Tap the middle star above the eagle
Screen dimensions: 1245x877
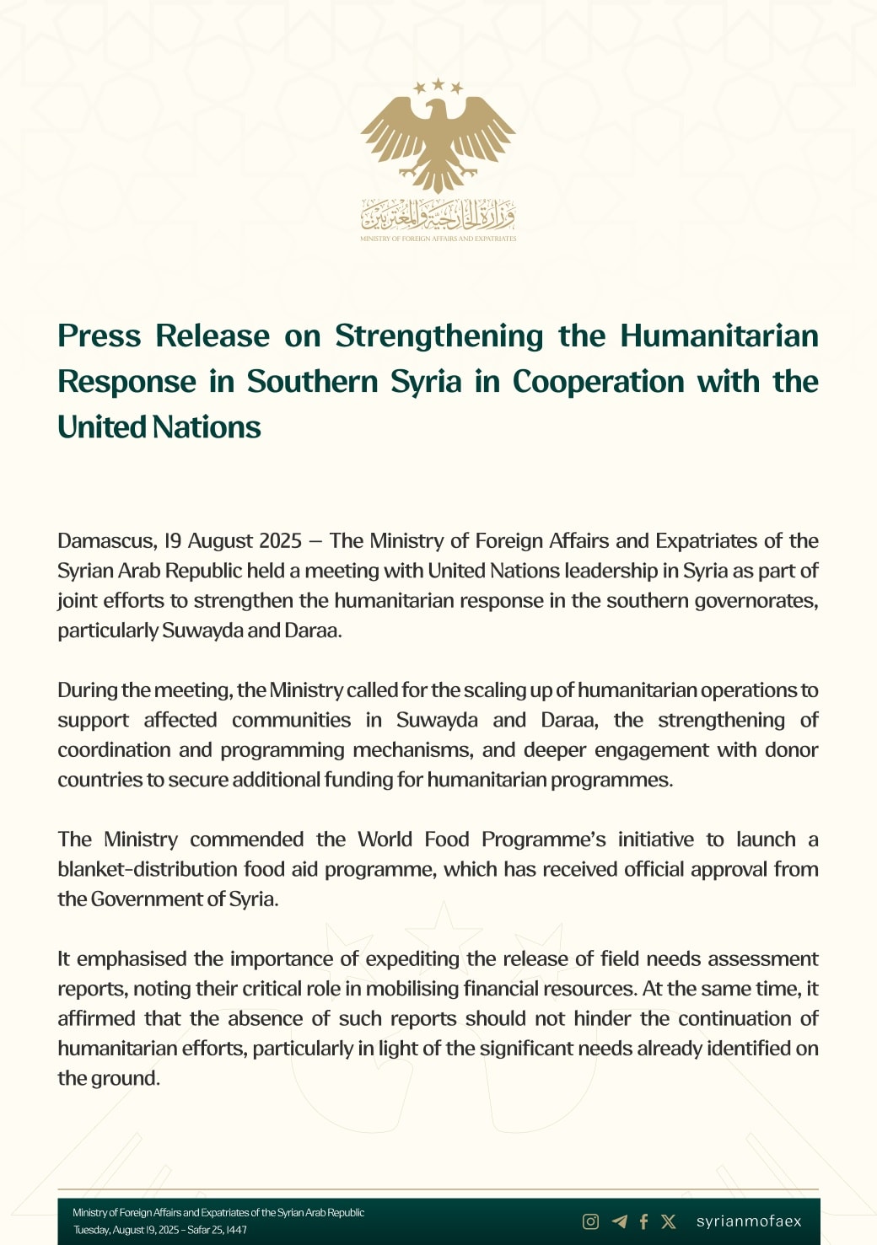click(x=438, y=83)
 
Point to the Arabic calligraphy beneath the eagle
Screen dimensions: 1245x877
click(x=438, y=216)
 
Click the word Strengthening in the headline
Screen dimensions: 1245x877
click(x=438, y=336)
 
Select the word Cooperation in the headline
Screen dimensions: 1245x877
click(x=598, y=382)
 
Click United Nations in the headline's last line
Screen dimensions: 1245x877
click(x=159, y=427)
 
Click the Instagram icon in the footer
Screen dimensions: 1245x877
click(x=591, y=1221)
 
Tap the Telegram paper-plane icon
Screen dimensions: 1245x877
click(x=619, y=1221)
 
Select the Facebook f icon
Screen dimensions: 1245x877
click(x=643, y=1221)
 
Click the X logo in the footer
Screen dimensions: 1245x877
click(x=669, y=1221)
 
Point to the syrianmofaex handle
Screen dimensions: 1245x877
click(x=749, y=1221)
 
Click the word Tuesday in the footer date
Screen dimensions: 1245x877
click(x=91, y=1230)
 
